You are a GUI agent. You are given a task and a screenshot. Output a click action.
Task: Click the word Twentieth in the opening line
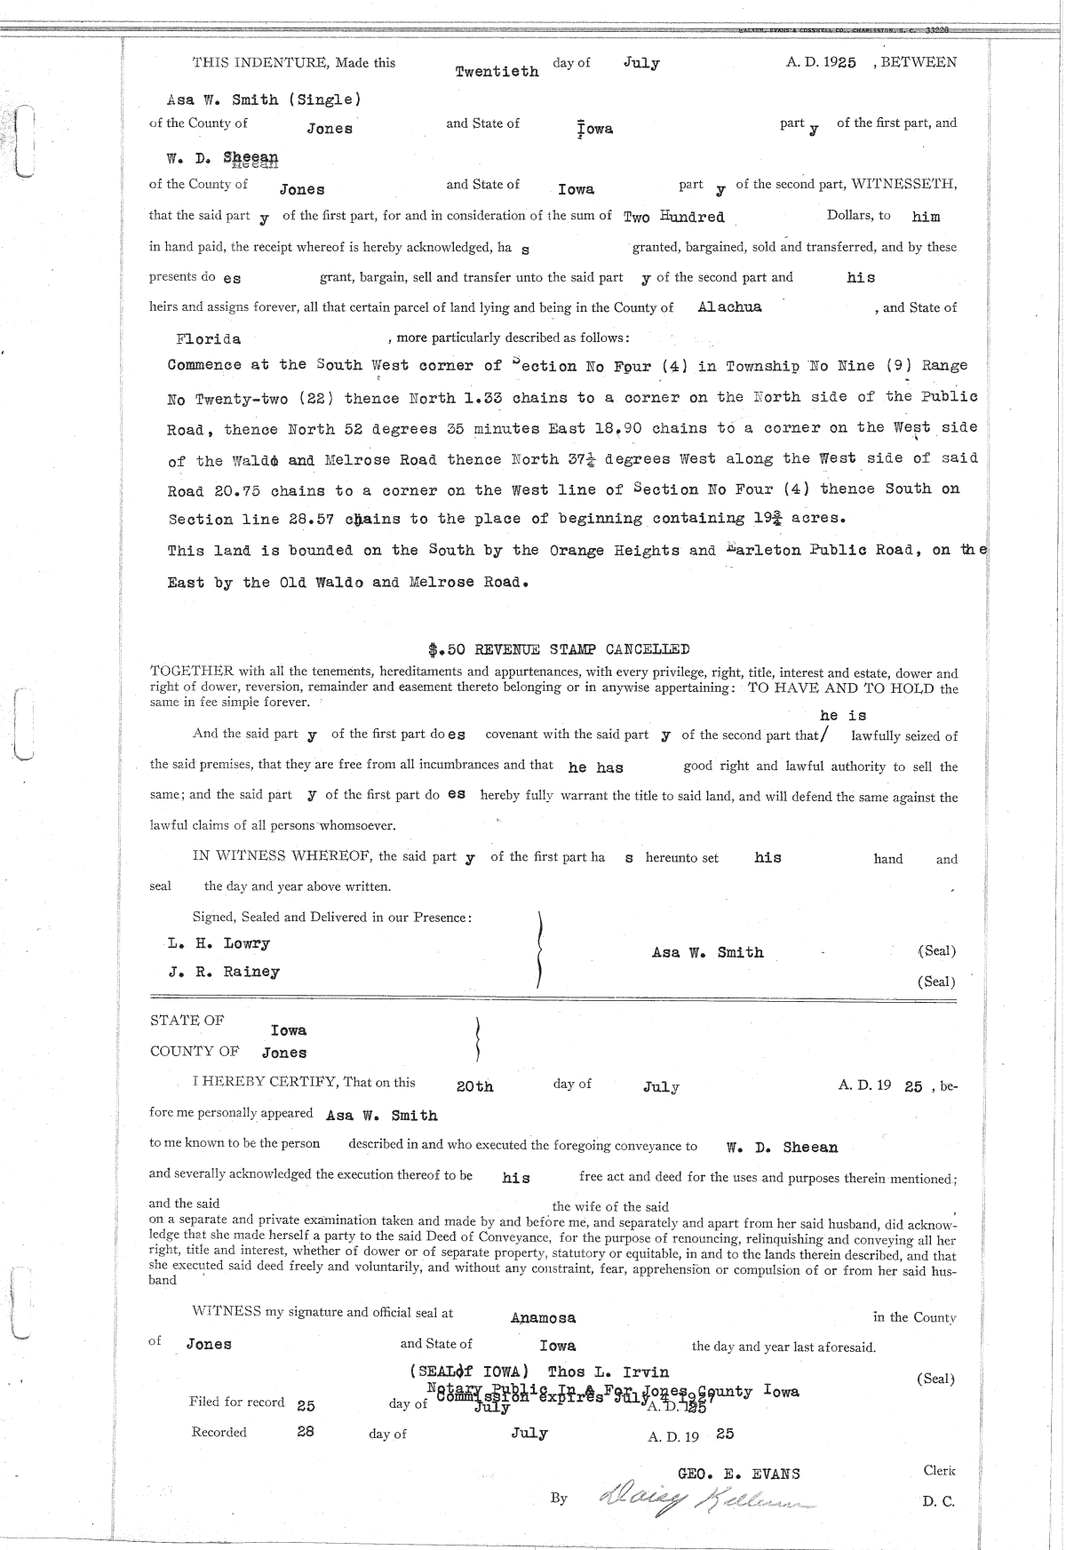click(497, 71)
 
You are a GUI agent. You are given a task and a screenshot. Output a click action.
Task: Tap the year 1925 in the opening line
click(839, 63)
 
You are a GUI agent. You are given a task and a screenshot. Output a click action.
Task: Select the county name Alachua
click(729, 307)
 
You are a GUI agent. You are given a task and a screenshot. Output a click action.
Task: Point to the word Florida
click(209, 338)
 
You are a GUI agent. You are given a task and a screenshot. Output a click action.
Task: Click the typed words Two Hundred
click(674, 217)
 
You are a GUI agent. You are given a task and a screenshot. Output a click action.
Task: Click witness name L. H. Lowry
click(219, 943)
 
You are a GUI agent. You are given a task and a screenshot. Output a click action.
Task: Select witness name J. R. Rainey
click(224, 972)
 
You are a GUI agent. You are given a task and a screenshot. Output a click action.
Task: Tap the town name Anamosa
click(543, 1318)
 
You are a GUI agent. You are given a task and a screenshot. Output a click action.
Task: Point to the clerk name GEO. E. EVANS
click(738, 1474)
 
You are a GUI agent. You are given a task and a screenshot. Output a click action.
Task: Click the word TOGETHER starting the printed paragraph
click(187, 673)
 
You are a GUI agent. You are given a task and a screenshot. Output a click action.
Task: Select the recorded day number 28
click(305, 1432)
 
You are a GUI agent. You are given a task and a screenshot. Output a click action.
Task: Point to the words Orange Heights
click(616, 550)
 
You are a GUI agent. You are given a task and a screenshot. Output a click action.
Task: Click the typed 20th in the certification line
click(474, 1086)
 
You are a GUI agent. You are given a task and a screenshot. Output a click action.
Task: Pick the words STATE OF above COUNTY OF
click(187, 1021)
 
